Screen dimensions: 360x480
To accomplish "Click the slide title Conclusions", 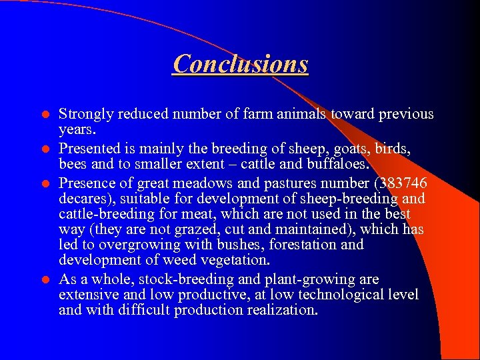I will (x=240, y=64).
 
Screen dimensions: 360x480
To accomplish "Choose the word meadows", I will (x=202, y=183).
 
